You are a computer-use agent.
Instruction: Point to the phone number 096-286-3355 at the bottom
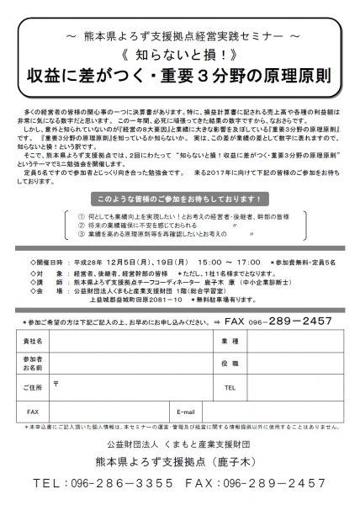click(x=114, y=486)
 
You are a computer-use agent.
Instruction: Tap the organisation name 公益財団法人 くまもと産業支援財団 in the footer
click(x=179, y=441)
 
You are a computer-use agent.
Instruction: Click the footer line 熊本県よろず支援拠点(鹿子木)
click(x=179, y=460)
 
